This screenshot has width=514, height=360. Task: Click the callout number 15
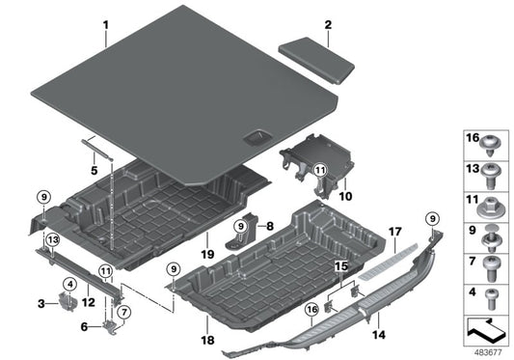tap(338, 264)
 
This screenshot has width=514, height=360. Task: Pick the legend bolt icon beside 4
tap(495, 293)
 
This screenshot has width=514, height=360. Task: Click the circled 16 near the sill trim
tap(311, 309)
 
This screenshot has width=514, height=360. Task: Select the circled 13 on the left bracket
tap(53, 239)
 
